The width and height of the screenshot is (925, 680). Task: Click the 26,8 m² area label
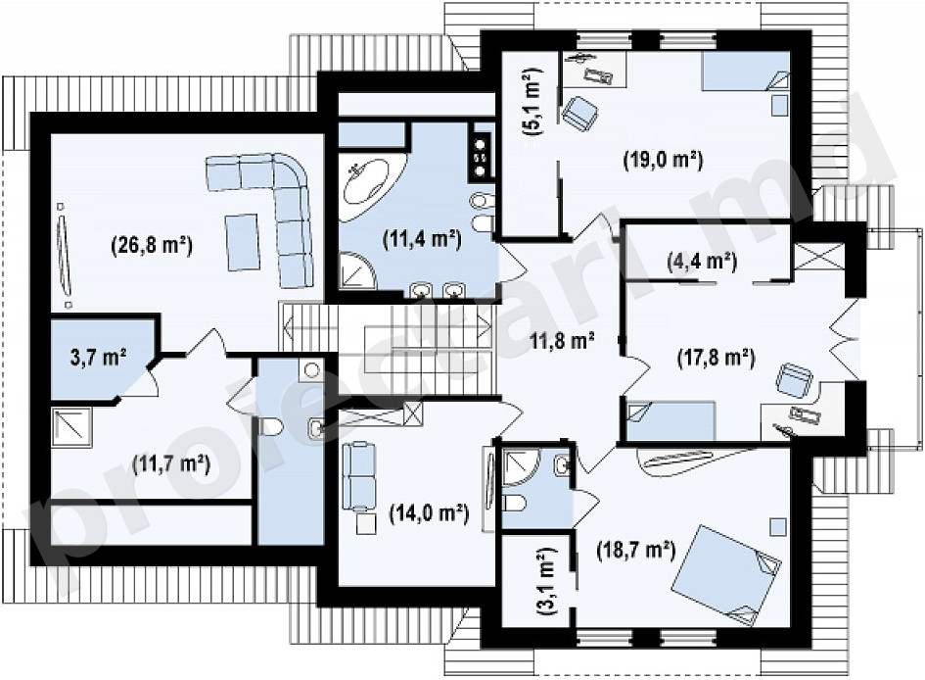click(x=152, y=244)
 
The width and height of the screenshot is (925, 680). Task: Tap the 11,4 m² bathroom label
click(x=422, y=240)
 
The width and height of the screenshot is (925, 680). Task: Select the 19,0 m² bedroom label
click(x=663, y=160)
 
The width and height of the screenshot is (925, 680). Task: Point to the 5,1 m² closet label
click(x=532, y=102)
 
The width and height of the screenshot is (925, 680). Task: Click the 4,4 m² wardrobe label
click(x=702, y=260)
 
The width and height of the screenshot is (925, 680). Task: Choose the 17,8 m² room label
click(x=717, y=358)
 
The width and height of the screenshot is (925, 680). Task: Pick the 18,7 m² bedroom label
click(x=635, y=552)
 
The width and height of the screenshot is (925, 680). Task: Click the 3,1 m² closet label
click(x=546, y=583)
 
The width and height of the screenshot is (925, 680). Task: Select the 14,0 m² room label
click(x=429, y=513)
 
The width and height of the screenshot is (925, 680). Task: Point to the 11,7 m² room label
click(x=171, y=464)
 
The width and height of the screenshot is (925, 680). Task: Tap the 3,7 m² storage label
click(x=98, y=358)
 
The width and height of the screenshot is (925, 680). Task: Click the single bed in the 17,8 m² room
click(x=671, y=421)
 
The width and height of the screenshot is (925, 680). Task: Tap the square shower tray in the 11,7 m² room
click(x=70, y=426)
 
